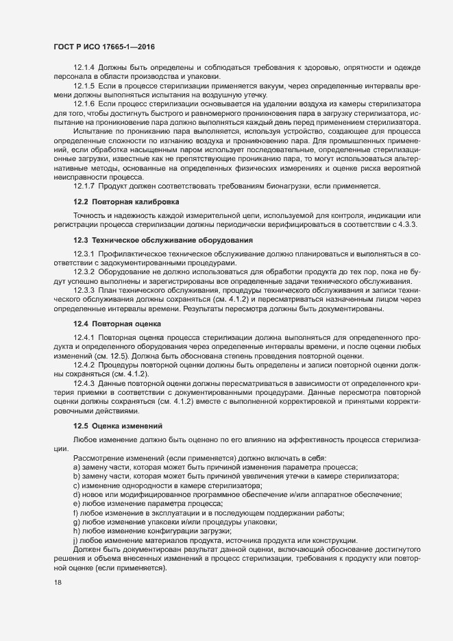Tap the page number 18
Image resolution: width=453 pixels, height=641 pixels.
pyautogui.click(x=58, y=583)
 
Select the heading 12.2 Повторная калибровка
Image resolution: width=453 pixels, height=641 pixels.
pyautogui.click(x=127, y=202)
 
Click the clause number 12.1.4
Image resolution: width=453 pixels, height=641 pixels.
pyautogui.click(x=84, y=67)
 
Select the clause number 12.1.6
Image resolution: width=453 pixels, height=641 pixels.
pyautogui.click(x=84, y=104)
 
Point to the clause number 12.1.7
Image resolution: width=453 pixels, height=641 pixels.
pyautogui.click(x=84, y=185)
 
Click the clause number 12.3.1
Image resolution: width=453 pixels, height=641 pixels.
pyautogui.click(x=84, y=254)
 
